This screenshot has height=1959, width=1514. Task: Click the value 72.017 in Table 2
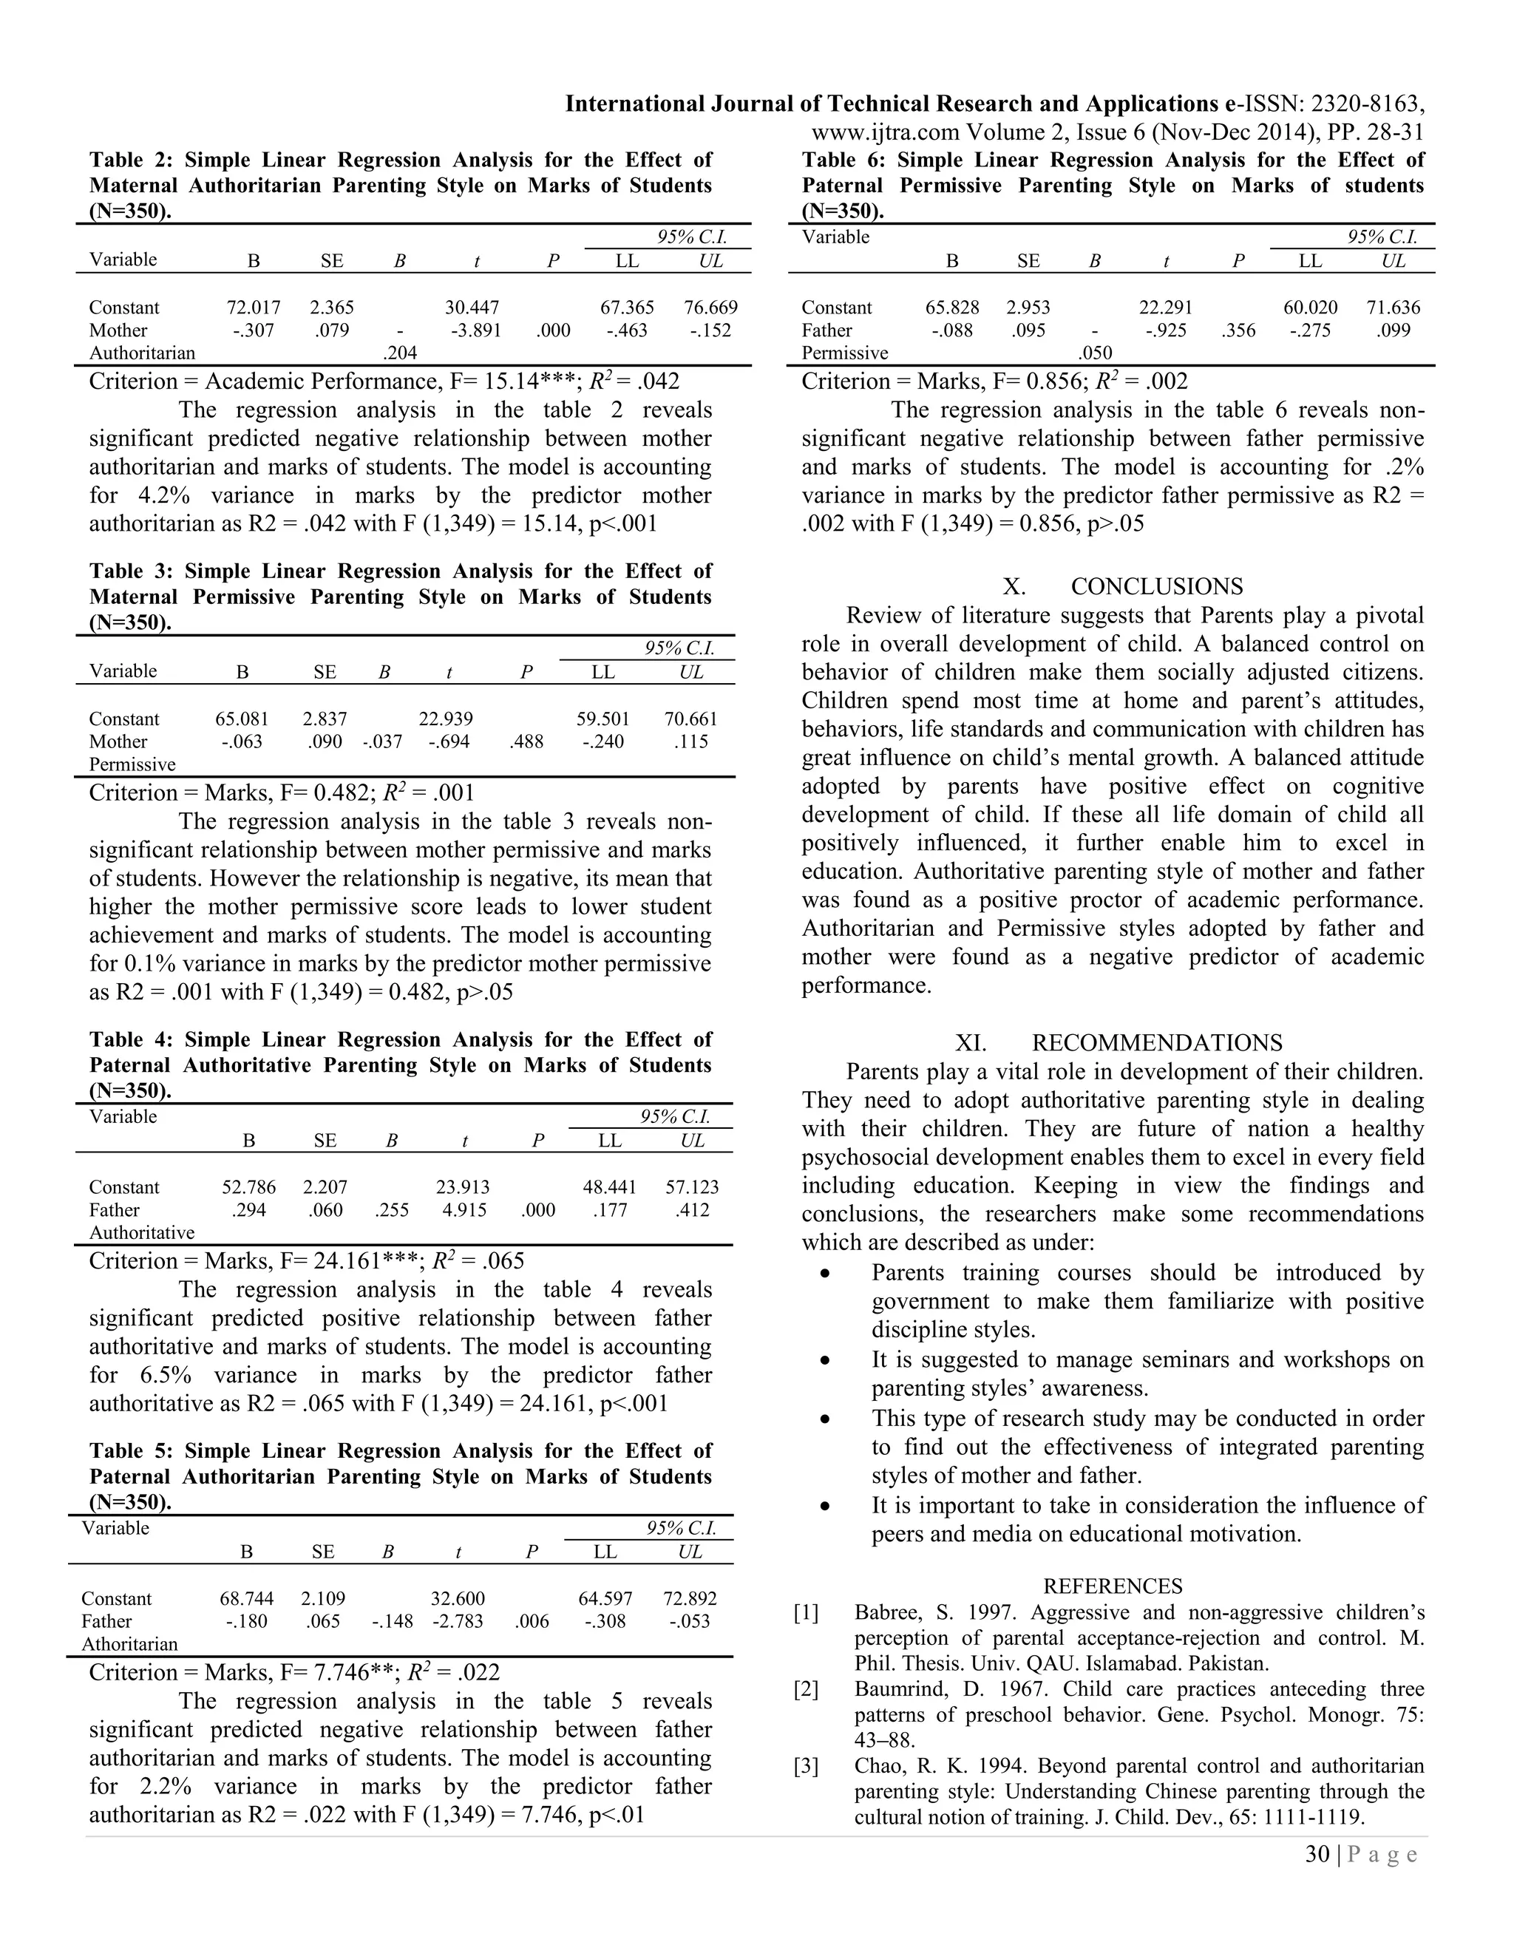[x=253, y=308]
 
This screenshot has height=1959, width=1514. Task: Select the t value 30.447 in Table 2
[x=472, y=308]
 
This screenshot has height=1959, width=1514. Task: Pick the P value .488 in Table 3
[x=526, y=741]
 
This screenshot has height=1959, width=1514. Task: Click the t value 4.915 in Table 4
[x=463, y=1210]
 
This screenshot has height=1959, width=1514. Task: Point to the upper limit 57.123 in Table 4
[x=691, y=1188]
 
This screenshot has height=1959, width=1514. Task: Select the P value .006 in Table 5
[x=532, y=1622]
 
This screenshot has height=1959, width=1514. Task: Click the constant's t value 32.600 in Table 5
[x=458, y=1599]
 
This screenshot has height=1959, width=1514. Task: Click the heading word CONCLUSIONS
[x=1156, y=587]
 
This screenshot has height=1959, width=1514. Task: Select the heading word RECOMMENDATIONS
[x=1156, y=1043]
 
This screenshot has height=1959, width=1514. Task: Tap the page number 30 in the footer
[x=1317, y=1855]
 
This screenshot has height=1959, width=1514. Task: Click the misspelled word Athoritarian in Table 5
[x=129, y=1644]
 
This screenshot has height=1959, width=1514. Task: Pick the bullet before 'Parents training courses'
[x=824, y=1274]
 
